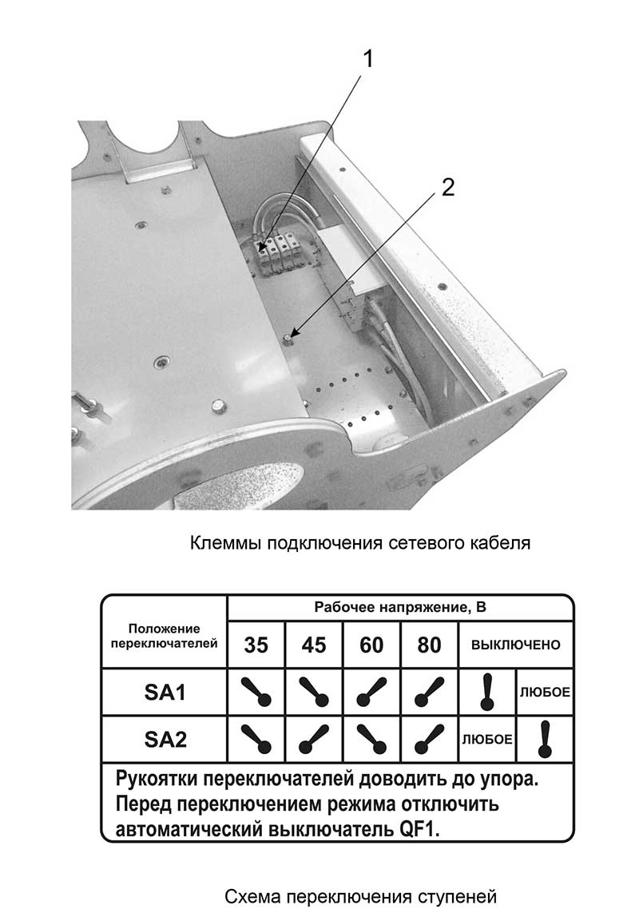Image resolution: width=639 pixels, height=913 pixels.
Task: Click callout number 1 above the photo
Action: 368,58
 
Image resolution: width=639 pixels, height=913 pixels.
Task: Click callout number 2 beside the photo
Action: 447,187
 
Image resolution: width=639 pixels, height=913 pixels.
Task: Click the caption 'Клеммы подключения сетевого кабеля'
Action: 360,544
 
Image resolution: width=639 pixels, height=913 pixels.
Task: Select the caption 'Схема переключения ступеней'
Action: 360,895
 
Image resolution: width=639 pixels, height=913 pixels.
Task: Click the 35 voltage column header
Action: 256,645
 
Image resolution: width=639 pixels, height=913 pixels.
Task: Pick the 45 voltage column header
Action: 314,645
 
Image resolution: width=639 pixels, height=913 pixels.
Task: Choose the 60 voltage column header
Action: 371,645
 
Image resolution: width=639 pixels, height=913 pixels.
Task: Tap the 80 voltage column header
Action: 429,645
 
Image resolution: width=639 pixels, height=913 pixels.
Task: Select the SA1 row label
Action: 165,693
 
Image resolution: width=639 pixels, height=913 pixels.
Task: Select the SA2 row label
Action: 165,740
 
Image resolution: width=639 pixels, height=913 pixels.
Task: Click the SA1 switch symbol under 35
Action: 256,693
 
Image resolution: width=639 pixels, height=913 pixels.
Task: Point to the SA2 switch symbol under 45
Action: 314,740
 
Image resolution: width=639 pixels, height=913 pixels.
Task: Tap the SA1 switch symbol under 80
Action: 429,693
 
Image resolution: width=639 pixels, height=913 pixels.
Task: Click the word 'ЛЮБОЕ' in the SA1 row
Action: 545,693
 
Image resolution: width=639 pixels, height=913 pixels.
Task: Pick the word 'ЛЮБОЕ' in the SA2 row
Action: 487,740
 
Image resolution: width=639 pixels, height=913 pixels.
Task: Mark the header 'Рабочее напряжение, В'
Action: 400,607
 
